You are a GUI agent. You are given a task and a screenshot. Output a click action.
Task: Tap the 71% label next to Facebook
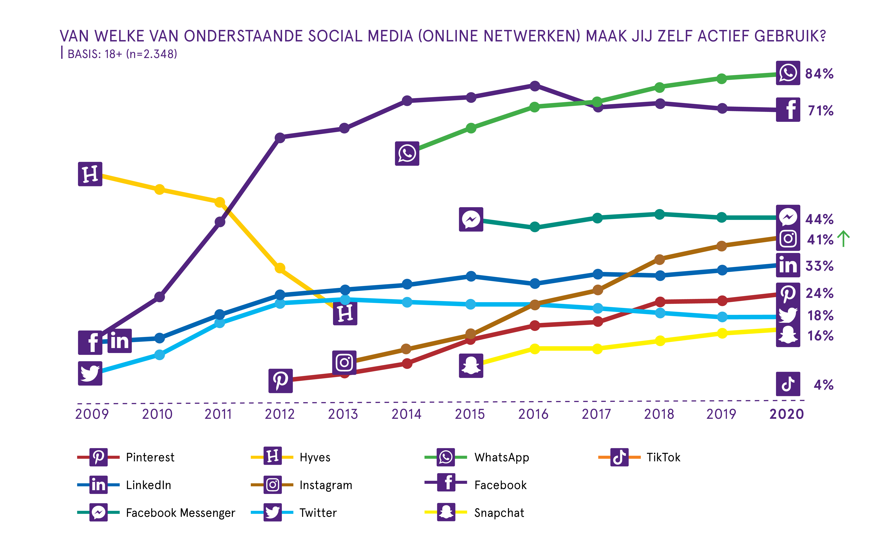pyautogui.click(x=820, y=111)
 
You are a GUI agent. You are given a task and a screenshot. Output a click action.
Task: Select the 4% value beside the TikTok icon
pyautogui.click(x=823, y=385)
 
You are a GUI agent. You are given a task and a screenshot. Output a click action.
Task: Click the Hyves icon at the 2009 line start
pyautogui.click(x=90, y=174)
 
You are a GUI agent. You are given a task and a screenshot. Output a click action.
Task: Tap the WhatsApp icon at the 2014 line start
pyautogui.click(x=407, y=153)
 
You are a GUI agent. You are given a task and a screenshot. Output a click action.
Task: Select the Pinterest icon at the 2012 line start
pyautogui.click(x=280, y=381)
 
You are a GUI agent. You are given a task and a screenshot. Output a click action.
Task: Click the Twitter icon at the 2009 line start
pyautogui.click(x=90, y=373)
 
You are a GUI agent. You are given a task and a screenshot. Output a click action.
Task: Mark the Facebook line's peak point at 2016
pyautogui.click(x=534, y=86)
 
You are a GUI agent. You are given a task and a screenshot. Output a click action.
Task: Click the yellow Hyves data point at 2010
pyautogui.click(x=159, y=189)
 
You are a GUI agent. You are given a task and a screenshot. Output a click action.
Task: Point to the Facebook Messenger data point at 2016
pyautogui.click(x=534, y=227)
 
